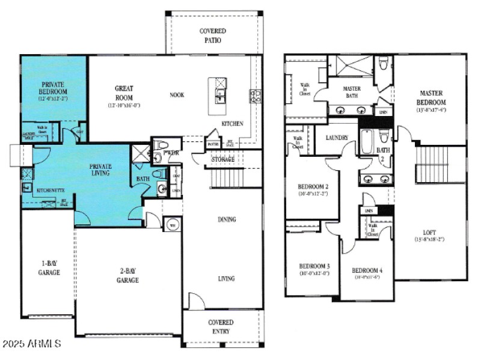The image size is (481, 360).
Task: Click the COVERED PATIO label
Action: [x=213, y=35]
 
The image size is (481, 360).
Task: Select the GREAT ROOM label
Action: [x=124, y=93]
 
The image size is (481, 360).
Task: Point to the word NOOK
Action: [x=177, y=95]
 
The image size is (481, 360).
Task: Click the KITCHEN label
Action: [x=232, y=124]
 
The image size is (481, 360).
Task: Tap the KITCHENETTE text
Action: [x=51, y=190]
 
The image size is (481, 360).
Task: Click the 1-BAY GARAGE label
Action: [x=50, y=268]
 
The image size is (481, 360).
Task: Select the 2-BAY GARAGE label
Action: [x=127, y=276]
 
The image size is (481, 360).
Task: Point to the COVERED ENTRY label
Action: [x=221, y=327]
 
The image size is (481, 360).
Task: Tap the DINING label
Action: [x=227, y=219]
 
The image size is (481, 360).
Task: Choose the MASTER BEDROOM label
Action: [x=431, y=97]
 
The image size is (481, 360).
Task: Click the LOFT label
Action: [x=430, y=233]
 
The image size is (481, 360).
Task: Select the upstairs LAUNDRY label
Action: [x=337, y=138]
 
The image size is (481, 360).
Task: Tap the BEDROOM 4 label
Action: [x=367, y=270]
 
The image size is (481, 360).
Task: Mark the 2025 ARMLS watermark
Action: [x=31, y=344]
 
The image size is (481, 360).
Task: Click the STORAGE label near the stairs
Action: [x=222, y=160]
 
